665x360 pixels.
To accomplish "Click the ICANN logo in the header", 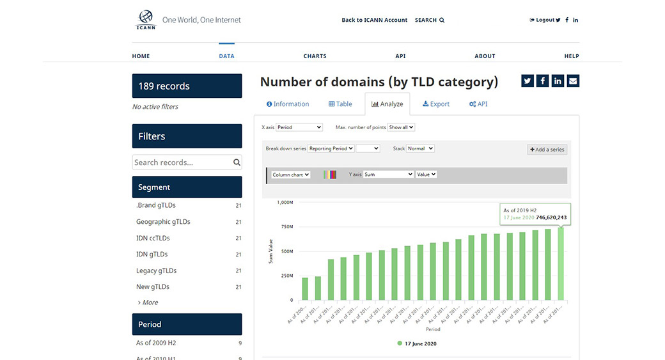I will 146,20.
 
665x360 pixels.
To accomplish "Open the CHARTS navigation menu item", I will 315,56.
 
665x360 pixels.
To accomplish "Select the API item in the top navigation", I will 400,56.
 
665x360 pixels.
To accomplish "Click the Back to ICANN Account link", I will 374,20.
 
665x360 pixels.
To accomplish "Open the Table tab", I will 340,104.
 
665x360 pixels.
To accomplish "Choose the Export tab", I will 436,104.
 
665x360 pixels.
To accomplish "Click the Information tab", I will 288,104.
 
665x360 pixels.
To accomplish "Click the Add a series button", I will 547,150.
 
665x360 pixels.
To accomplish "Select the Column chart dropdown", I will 290,175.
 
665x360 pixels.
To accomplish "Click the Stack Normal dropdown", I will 420,148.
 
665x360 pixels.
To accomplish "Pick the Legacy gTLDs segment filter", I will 156,270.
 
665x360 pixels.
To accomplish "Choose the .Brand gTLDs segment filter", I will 155,205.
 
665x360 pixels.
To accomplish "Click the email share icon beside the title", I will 573,81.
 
